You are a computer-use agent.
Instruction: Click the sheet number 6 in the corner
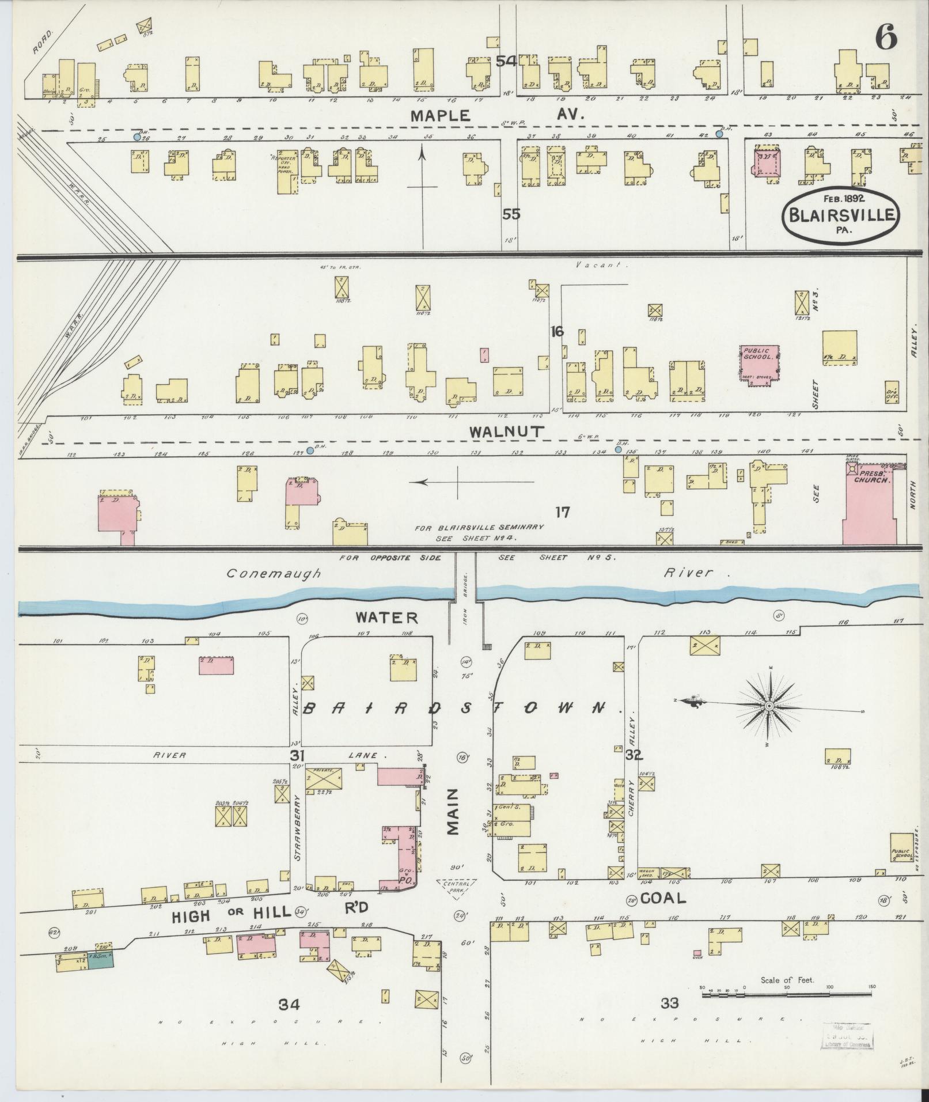click(886, 38)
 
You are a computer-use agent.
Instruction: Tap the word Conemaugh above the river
click(272, 574)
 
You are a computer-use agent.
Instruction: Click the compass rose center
click(769, 706)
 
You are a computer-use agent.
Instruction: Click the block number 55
click(511, 214)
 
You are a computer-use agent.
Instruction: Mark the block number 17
click(562, 512)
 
